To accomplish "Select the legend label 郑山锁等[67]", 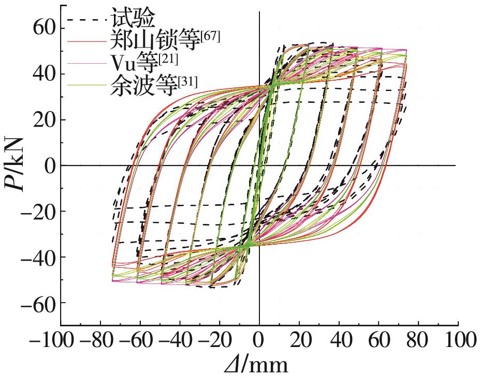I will [x=165, y=40].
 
